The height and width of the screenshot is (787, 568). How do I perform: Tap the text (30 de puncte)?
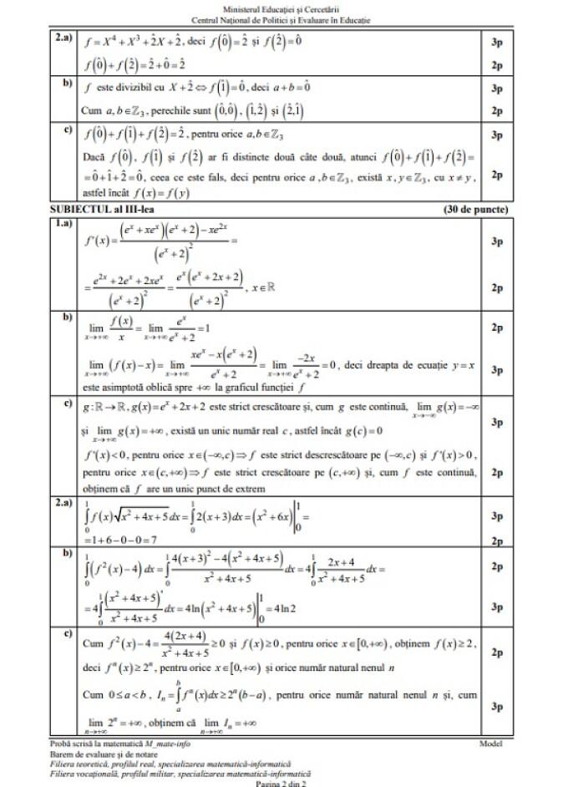(x=475, y=210)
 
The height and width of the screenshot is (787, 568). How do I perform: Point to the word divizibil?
(x=137, y=87)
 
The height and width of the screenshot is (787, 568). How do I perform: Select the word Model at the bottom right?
(x=492, y=742)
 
